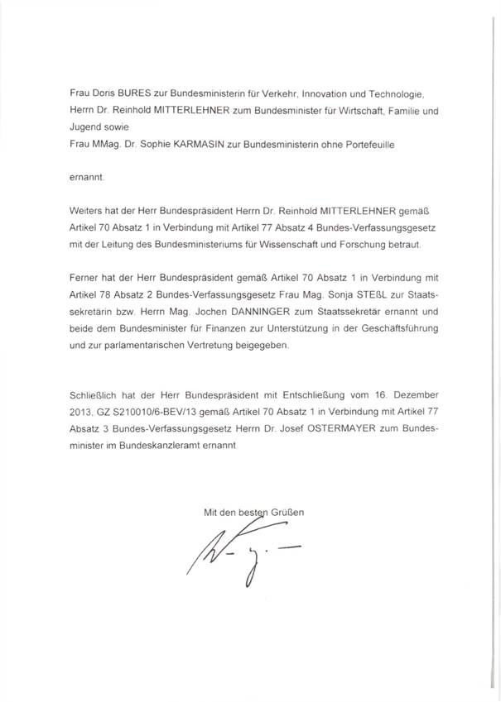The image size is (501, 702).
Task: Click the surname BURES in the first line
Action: (128, 97)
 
